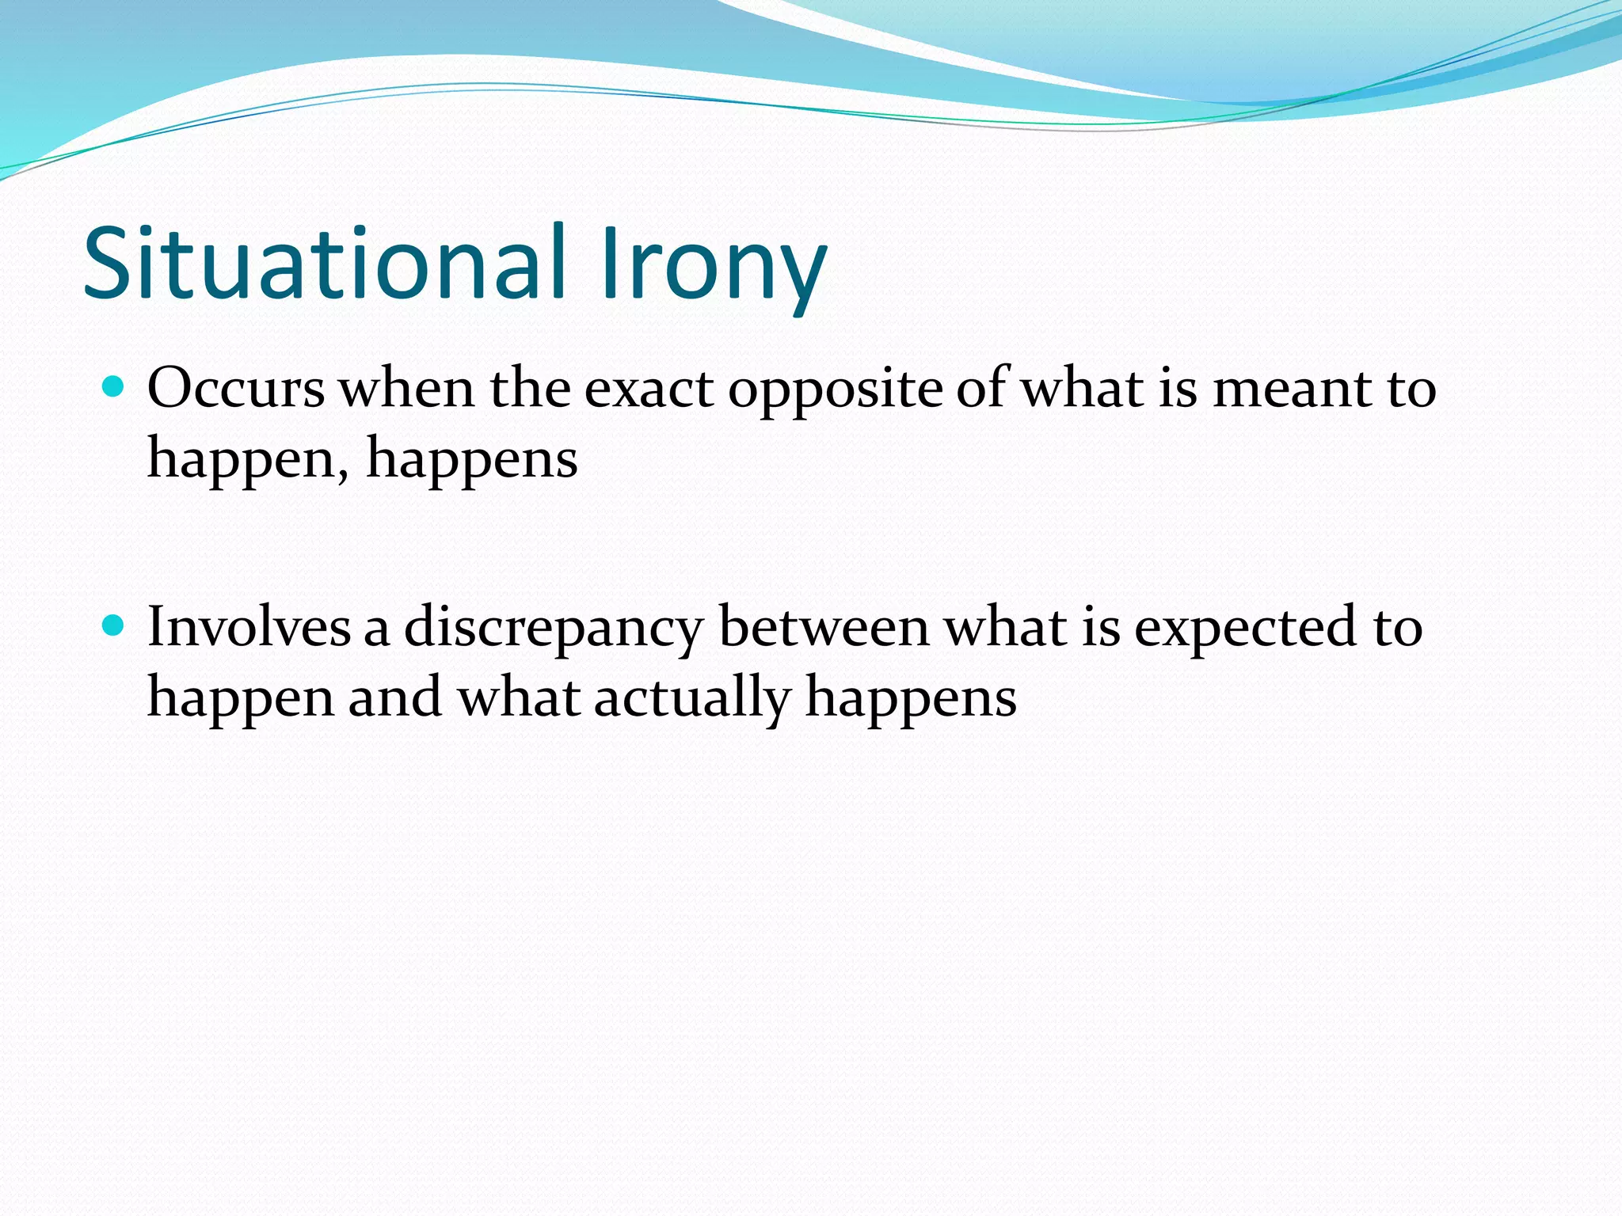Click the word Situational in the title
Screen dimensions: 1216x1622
pyautogui.click(x=325, y=264)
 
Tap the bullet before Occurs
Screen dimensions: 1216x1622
pyautogui.click(x=114, y=388)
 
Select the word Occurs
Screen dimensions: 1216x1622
pyautogui.click(x=236, y=389)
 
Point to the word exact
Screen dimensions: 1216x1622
pyautogui.click(x=649, y=389)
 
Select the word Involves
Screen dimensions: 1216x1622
pyautogui.click(x=249, y=628)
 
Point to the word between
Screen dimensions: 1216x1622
pyautogui.click(x=824, y=628)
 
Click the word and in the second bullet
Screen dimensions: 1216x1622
pyautogui.click(x=394, y=698)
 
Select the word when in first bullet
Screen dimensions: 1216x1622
pyautogui.click(x=406, y=389)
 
